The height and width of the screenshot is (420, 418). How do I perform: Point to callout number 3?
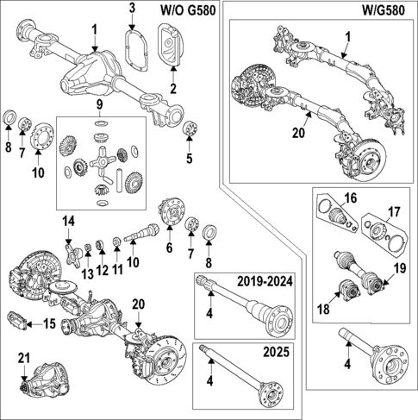132,9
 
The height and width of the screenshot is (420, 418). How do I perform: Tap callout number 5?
189,158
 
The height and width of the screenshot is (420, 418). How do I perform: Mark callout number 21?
23,358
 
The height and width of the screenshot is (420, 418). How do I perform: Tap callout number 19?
399,269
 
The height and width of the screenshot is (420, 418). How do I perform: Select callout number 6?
169,248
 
